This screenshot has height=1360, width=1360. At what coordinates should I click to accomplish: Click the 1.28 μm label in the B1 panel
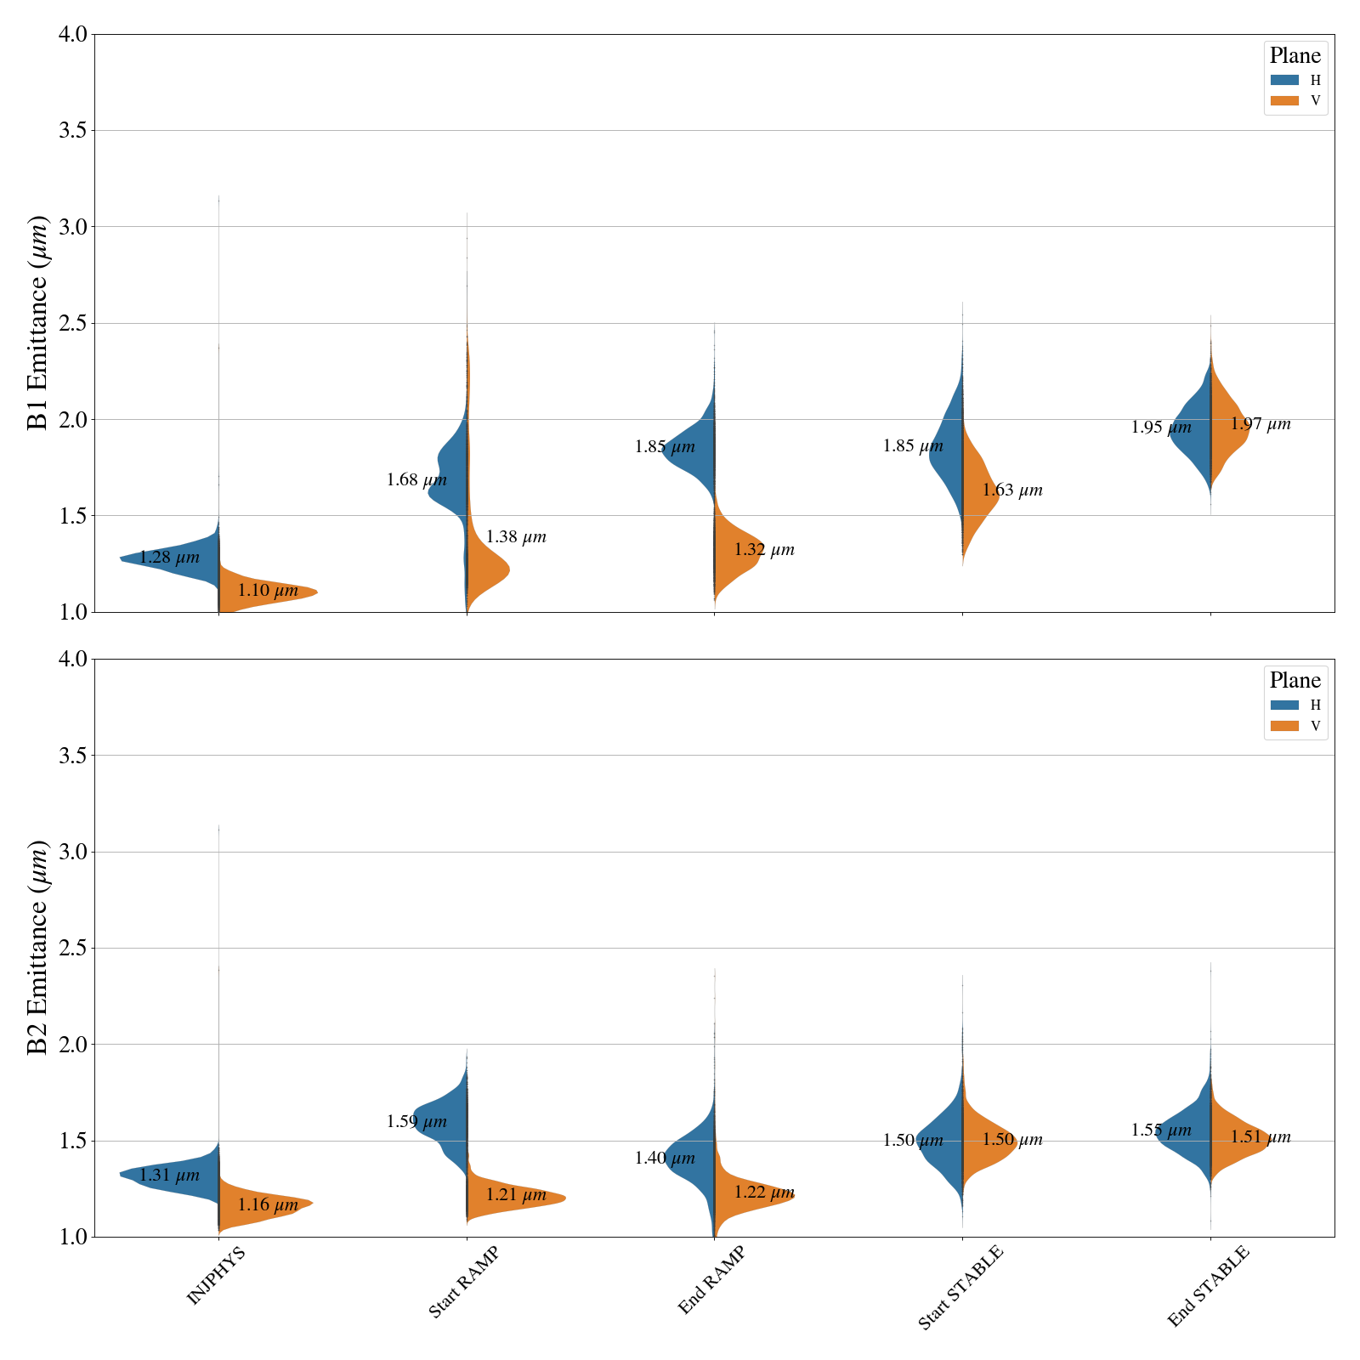coord(169,558)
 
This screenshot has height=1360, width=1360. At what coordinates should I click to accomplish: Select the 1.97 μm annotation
coord(1261,424)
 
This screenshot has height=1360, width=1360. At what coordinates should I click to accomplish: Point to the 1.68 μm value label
coord(416,480)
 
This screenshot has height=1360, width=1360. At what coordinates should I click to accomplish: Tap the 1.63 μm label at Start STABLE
coord(1012,490)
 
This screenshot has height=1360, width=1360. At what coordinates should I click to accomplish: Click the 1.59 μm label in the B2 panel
coord(416,1122)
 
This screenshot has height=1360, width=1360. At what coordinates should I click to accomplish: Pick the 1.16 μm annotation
coord(268,1204)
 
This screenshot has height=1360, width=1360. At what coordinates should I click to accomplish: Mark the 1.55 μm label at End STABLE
coord(1161,1130)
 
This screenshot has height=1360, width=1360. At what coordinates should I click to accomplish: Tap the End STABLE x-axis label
coord(1208,1286)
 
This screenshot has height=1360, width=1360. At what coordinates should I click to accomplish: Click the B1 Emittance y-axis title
coord(37,323)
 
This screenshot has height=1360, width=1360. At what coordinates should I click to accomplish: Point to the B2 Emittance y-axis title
coord(37,948)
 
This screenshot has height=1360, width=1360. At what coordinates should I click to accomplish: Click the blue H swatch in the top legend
coord(1284,81)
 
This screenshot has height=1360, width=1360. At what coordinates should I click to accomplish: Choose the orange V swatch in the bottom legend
coord(1284,726)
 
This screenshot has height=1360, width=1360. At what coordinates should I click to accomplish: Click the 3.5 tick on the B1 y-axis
coord(74,131)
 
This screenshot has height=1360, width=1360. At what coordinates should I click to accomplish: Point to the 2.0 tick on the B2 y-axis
coord(74,1045)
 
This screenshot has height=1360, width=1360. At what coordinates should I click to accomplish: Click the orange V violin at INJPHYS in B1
coord(263,592)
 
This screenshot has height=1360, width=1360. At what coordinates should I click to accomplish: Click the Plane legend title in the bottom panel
coord(1295,681)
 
